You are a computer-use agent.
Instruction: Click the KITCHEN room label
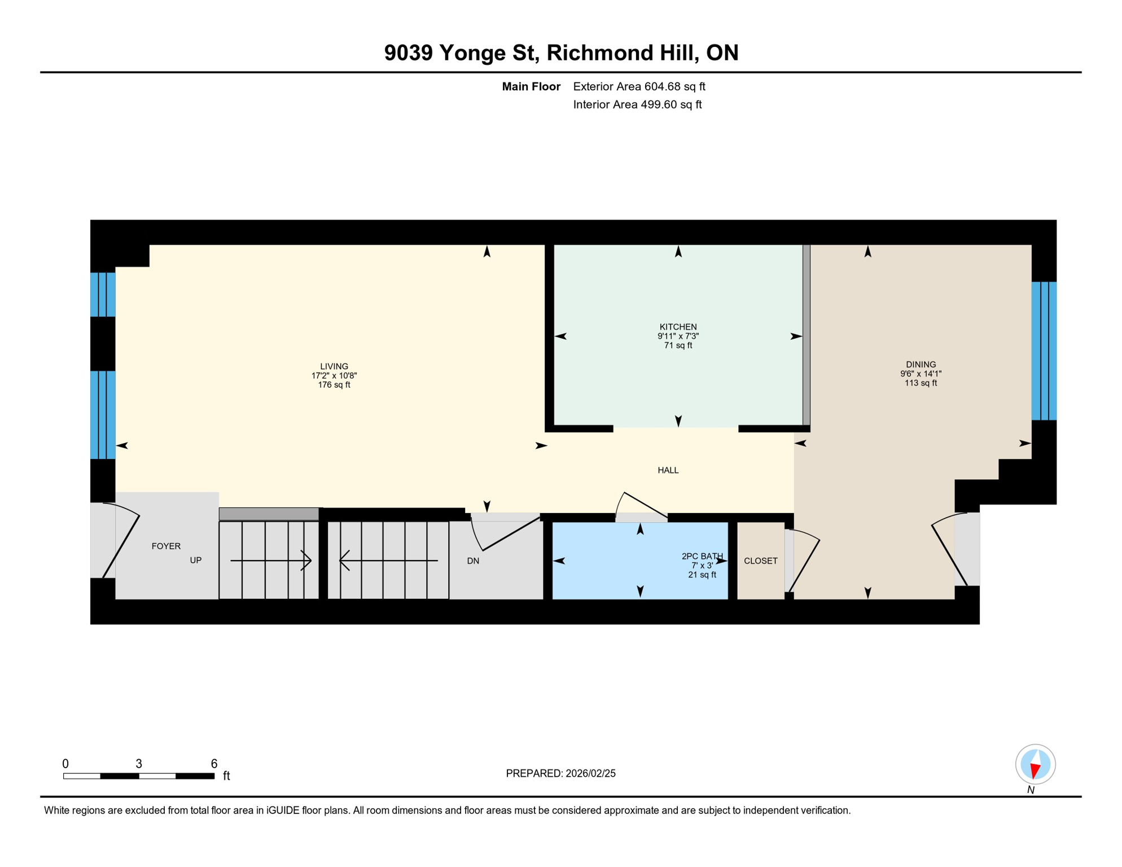[x=678, y=327]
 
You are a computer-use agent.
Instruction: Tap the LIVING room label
[x=334, y=366]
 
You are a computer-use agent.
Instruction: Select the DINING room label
[x=921, y=365]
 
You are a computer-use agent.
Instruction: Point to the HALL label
[x=668, y=470]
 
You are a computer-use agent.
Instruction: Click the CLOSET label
[x=760, y=561]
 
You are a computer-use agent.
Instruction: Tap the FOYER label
[x=166, y=546]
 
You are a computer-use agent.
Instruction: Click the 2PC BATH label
[x=702, y=556]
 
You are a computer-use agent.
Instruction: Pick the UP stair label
[x=195, y=560]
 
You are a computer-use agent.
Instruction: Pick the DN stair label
[x=473, y=561]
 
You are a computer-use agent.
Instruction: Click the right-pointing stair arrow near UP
[x=271, y=561]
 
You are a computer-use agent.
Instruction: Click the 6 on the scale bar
[x=214, y=764]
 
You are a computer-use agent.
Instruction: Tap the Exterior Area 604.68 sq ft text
[x=639, y=86]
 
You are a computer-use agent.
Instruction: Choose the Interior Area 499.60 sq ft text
[x=637, y=104]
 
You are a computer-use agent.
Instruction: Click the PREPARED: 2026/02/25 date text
[x=560, y=773]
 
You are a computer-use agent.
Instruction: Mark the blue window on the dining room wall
[x=1044, y=351]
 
